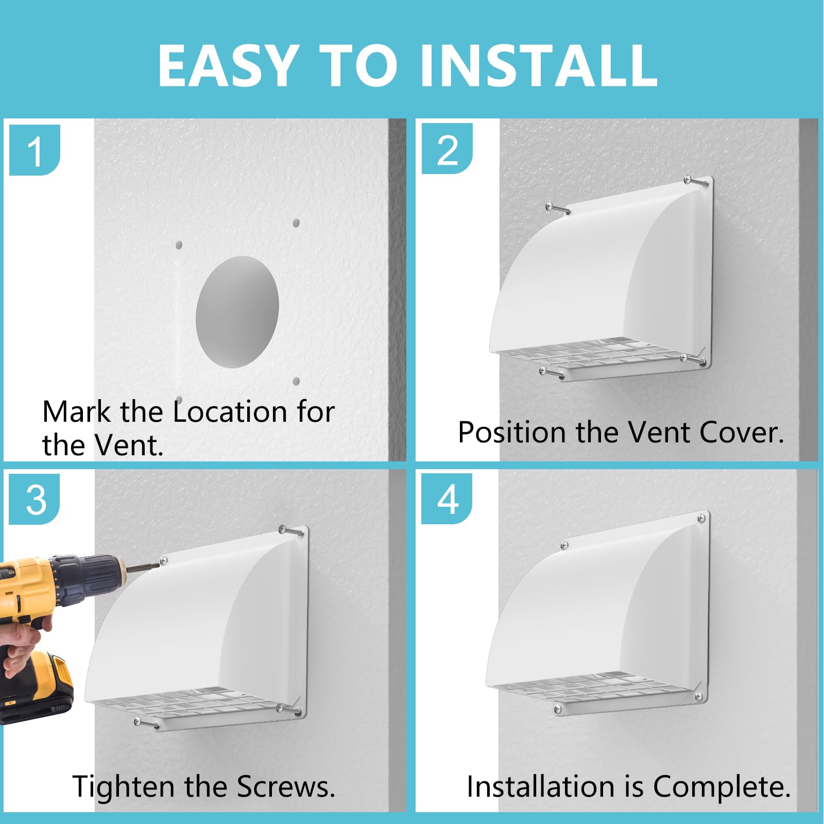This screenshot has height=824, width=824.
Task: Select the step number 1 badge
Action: pos(35,150)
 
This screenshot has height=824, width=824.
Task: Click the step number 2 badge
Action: pos(447,149)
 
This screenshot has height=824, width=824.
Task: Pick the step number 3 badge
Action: pos(35,500)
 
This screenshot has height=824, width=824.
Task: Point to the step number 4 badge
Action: pos(447,499)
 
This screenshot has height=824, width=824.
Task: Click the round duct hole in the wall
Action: pos(237,312)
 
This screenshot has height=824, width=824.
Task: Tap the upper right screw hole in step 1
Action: pos(296,223)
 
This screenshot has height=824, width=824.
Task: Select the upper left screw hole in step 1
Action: pos(179,245)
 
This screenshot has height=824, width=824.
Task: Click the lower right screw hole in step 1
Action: pos(296,382)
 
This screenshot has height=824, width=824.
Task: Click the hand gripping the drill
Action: pos(21,644)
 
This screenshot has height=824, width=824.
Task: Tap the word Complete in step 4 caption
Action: pos(721,787)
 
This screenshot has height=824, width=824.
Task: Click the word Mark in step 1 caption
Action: pos(76,411)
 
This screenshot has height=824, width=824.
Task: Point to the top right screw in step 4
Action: pos(701,519)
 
